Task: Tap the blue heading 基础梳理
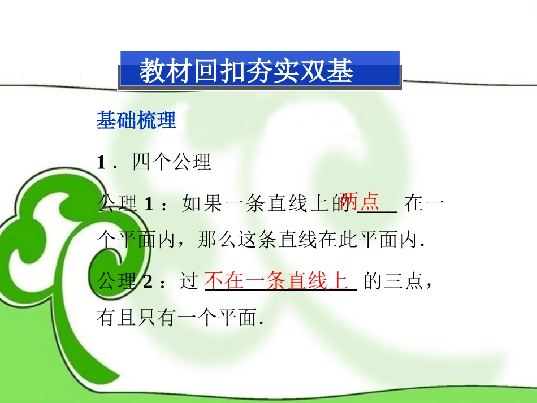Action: coord(136,120)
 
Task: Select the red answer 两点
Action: coord(360,201)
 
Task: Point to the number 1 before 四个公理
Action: coord(101,163)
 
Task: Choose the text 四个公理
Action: coord(171,163)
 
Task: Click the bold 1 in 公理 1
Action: coord(149,203)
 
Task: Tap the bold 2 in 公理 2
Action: coord(149,281)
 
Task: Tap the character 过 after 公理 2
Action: coord(189,281)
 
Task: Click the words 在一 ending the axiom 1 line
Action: coord(424,203)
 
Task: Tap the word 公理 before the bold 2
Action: coord(117,281)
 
